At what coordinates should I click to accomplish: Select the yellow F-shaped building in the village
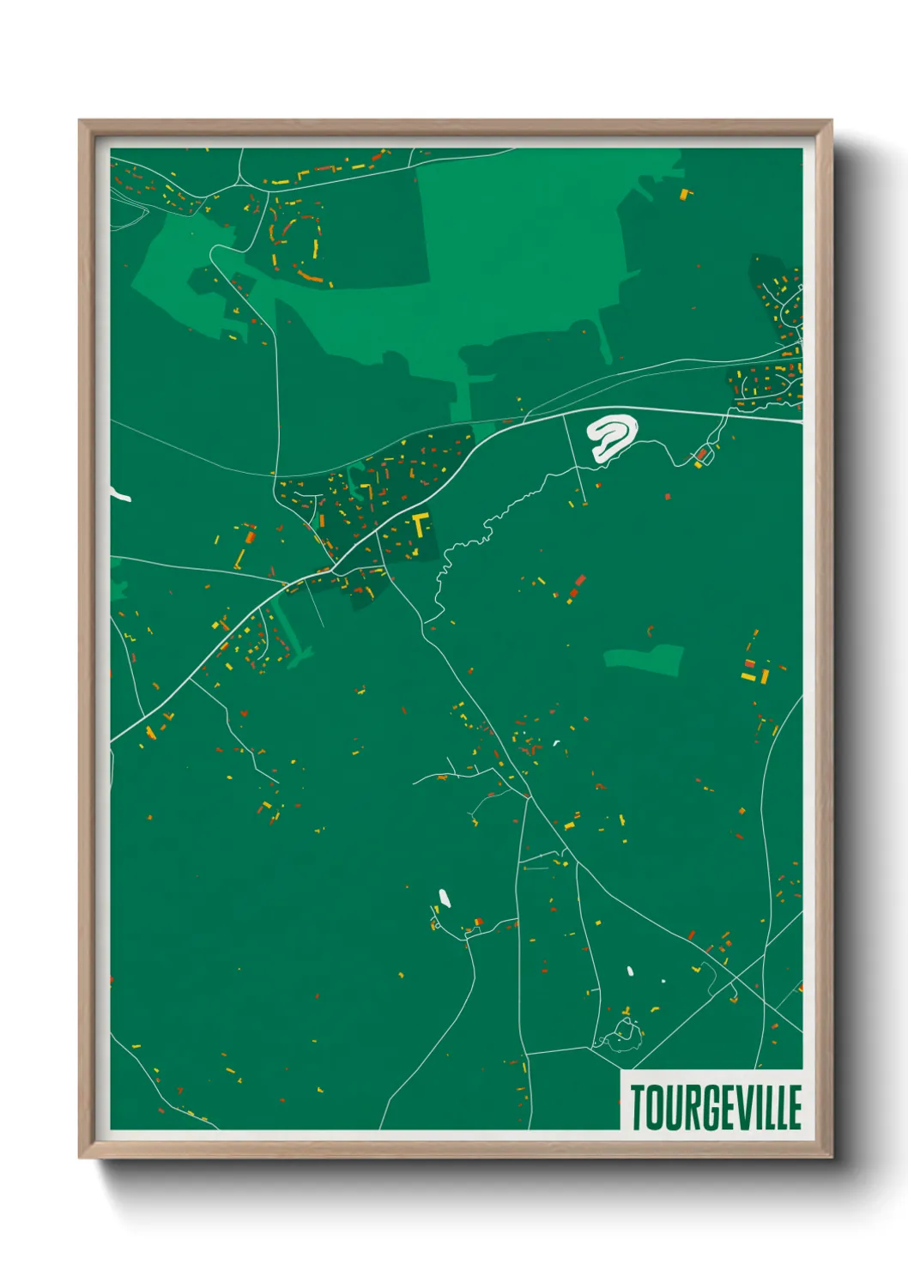(420, 523)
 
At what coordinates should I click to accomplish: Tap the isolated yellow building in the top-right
(685, 194)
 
